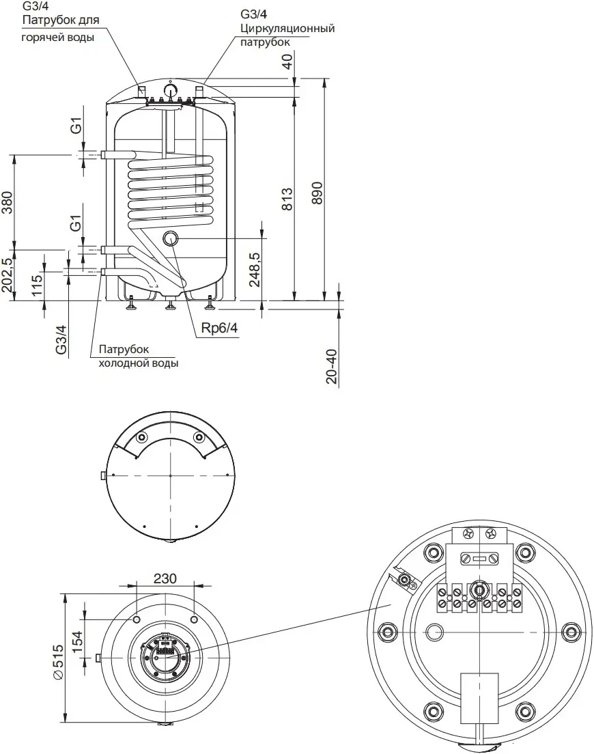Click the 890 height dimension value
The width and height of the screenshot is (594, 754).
317,193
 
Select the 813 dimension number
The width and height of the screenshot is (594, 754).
287,199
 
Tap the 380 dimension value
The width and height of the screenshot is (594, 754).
8,202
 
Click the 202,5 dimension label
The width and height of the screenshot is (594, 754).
8,275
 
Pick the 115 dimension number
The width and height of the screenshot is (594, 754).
37,285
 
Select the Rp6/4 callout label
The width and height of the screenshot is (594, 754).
219,328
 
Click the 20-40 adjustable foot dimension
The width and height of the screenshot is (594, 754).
332,366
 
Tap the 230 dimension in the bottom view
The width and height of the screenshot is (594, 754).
165,578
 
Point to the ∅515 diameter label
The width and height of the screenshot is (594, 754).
57,662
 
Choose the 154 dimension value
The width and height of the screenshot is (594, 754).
77,642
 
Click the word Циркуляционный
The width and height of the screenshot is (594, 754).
287,28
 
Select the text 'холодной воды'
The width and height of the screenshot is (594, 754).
139,363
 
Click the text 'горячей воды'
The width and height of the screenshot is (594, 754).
57,37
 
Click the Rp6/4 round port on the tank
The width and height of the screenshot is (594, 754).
171,238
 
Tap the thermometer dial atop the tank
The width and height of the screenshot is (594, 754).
171,90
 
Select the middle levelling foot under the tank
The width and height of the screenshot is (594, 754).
170,304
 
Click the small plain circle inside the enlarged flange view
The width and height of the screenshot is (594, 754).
436,631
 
